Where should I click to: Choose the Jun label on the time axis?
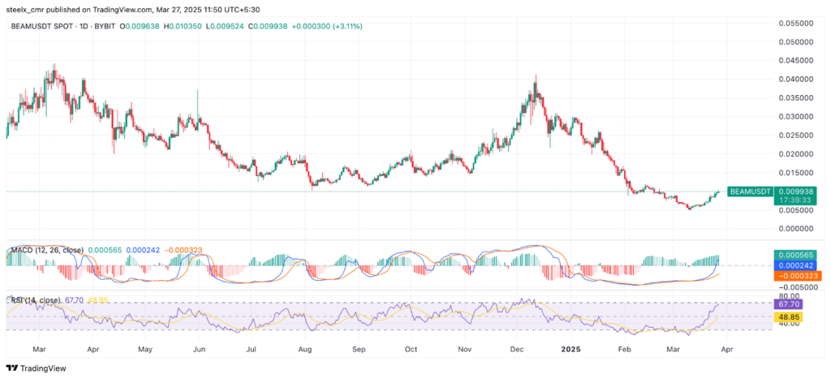coord(197,348)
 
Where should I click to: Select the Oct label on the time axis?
coord(411,348)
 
